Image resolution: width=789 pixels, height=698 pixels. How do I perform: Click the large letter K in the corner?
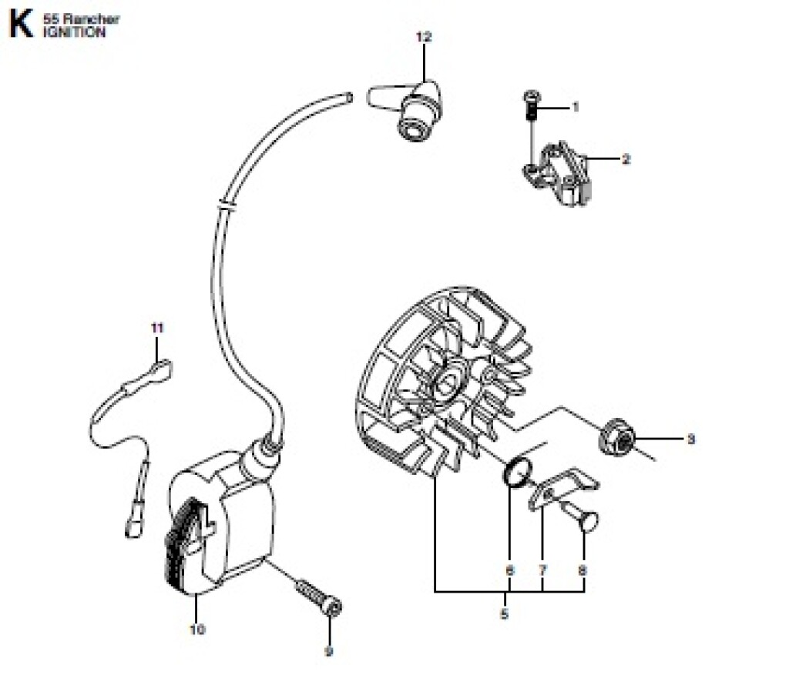pos(21,24)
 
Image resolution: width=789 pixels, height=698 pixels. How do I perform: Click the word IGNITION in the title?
pos(75,32)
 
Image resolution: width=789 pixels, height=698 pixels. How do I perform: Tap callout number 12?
pos(424,37)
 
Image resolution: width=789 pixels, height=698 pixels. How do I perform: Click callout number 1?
pos(576,107)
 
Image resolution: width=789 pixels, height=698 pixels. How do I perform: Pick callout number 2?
pos(626,159)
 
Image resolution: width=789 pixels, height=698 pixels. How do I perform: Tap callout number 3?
pos(691,439)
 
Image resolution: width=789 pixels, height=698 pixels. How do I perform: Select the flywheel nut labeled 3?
pos(617,438)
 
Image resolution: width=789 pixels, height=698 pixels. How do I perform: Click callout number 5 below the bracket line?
pos(504,613)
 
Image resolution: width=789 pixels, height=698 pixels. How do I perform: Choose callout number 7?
pos(542,570)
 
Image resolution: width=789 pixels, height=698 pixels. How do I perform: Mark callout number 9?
pos(328,652)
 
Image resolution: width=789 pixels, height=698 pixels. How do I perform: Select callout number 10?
pos(197,630)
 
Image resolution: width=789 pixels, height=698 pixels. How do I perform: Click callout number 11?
pos(157,328)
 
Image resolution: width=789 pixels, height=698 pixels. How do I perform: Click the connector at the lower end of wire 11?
pos(134,526)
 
